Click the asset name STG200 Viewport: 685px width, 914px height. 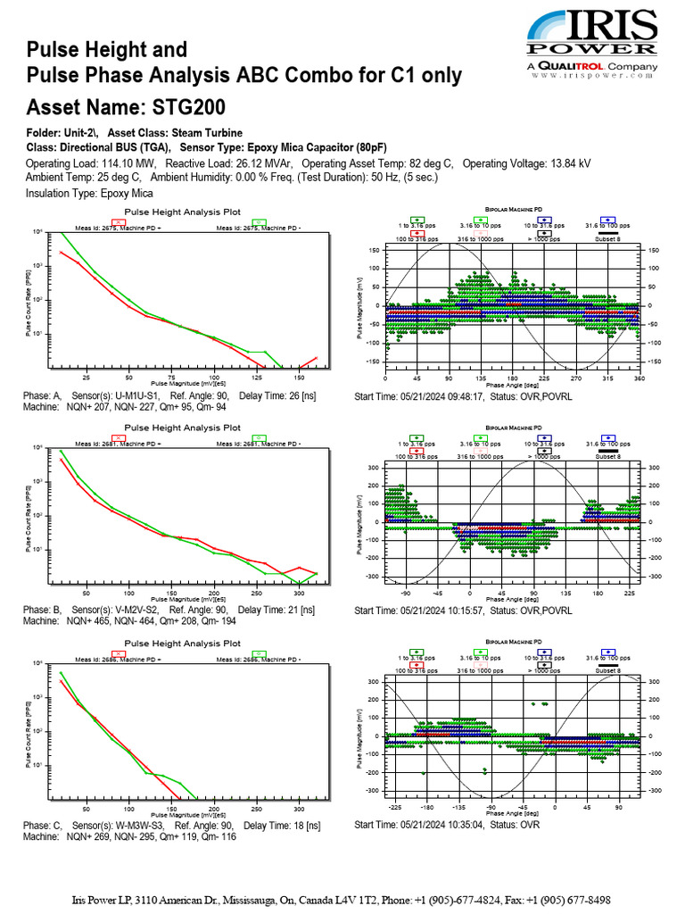(x=188, y=109)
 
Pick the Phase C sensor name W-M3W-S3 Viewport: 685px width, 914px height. (x=135, y=826)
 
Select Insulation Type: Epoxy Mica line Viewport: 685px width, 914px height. (x=89, y=193)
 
